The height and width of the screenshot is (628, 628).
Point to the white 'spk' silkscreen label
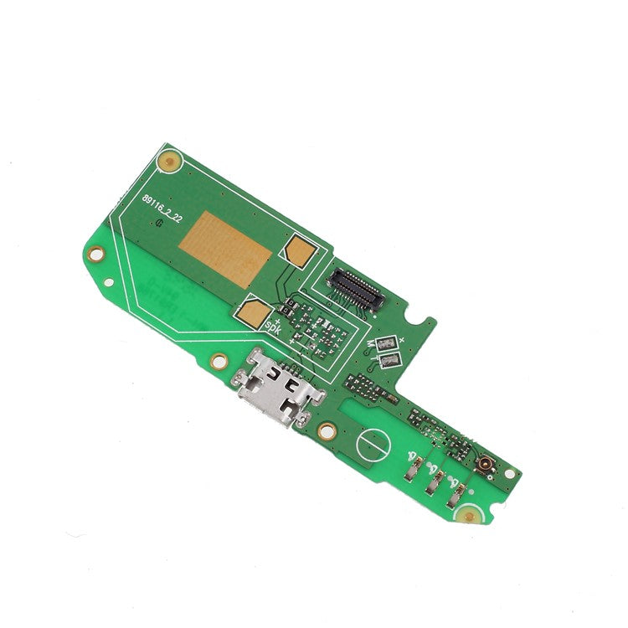point(275,323)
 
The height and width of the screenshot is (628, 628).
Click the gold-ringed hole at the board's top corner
point(171,158)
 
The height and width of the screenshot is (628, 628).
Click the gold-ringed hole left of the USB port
point(219,363)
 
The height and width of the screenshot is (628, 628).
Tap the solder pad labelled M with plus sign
point(386,344)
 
